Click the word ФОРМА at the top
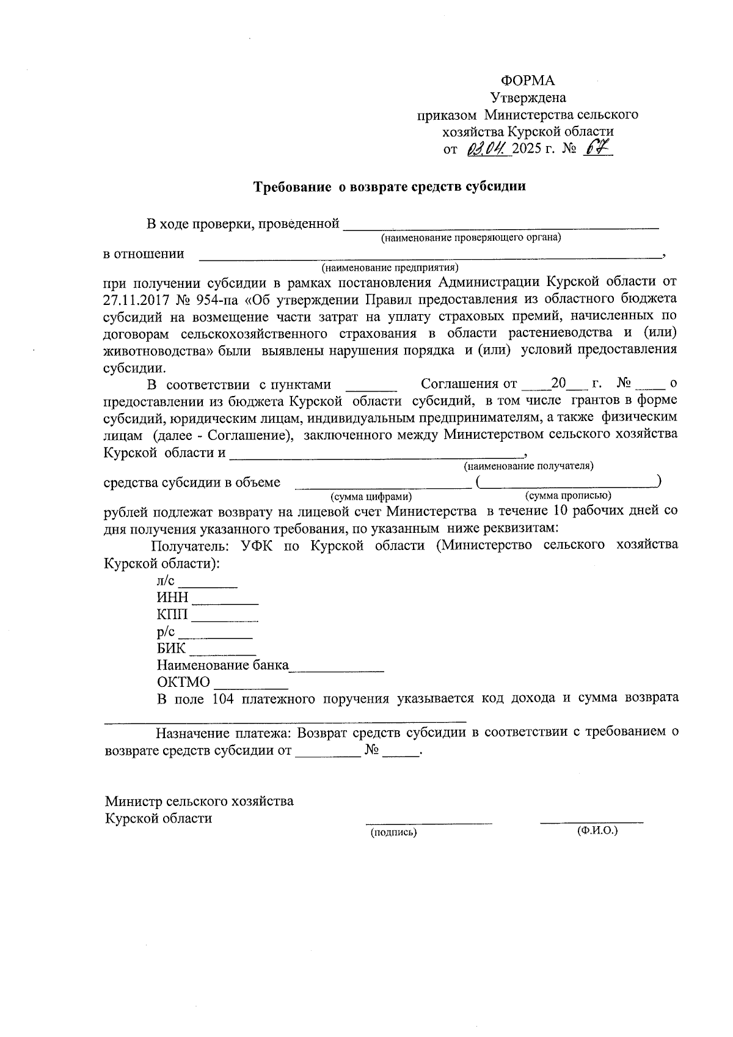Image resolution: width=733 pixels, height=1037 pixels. tap(527, 81)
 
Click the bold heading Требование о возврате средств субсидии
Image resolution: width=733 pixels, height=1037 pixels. tap(390, 187)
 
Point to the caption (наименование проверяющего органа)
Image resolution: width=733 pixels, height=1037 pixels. tap(470, 237)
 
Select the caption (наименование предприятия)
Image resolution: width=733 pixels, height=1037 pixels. tap(390, 268)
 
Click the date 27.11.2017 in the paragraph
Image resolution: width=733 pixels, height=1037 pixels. tap(134, 299)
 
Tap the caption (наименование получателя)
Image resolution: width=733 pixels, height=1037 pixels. tap(528, 466)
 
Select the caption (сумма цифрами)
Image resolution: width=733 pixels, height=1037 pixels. tap(371, 497)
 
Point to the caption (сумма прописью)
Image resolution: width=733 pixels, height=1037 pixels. tap(568, 496)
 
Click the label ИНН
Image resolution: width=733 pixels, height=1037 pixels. tap(172, 598)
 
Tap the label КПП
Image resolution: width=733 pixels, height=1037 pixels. tap(172, 615)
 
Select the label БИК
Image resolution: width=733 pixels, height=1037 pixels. tap(170, 648)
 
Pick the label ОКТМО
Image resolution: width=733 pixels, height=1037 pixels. tap(183, 682)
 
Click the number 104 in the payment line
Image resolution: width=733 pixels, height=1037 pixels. tap(223, 698)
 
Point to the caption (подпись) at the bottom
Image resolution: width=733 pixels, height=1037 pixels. tap(394, 832)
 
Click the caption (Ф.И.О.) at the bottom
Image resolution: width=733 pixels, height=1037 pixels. tap(597, 831)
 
